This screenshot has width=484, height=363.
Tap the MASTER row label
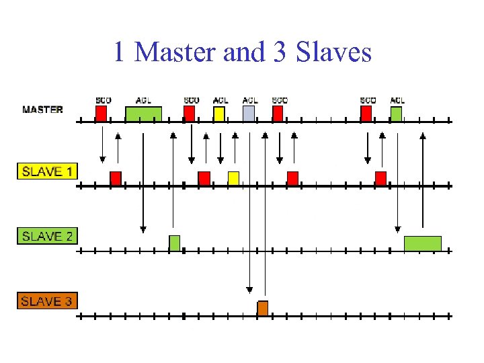[42, 110]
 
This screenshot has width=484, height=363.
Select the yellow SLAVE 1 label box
[47, 171]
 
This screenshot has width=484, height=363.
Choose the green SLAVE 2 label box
[47, 236]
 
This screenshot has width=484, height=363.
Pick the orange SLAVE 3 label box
[47, 301]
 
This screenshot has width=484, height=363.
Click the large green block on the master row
[144, 114]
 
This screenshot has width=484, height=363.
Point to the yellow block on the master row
[219, 114]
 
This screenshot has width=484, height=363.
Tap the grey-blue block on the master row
[249, 114]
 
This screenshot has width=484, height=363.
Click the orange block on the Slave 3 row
[263, 308]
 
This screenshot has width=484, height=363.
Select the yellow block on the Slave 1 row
[233, 178]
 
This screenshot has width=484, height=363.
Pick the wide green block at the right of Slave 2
[422, 243]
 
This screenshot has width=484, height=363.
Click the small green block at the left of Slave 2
[174, 243]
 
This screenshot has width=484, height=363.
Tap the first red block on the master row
[101, 114]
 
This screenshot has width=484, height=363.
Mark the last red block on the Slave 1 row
[380, 178]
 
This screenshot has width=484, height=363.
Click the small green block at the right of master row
[396, 114]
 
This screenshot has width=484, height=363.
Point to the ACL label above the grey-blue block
[249, 100]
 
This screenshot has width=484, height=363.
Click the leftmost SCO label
[103, 100]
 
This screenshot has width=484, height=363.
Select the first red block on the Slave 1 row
[116, 178]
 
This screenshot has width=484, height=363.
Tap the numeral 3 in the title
[280, 52]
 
